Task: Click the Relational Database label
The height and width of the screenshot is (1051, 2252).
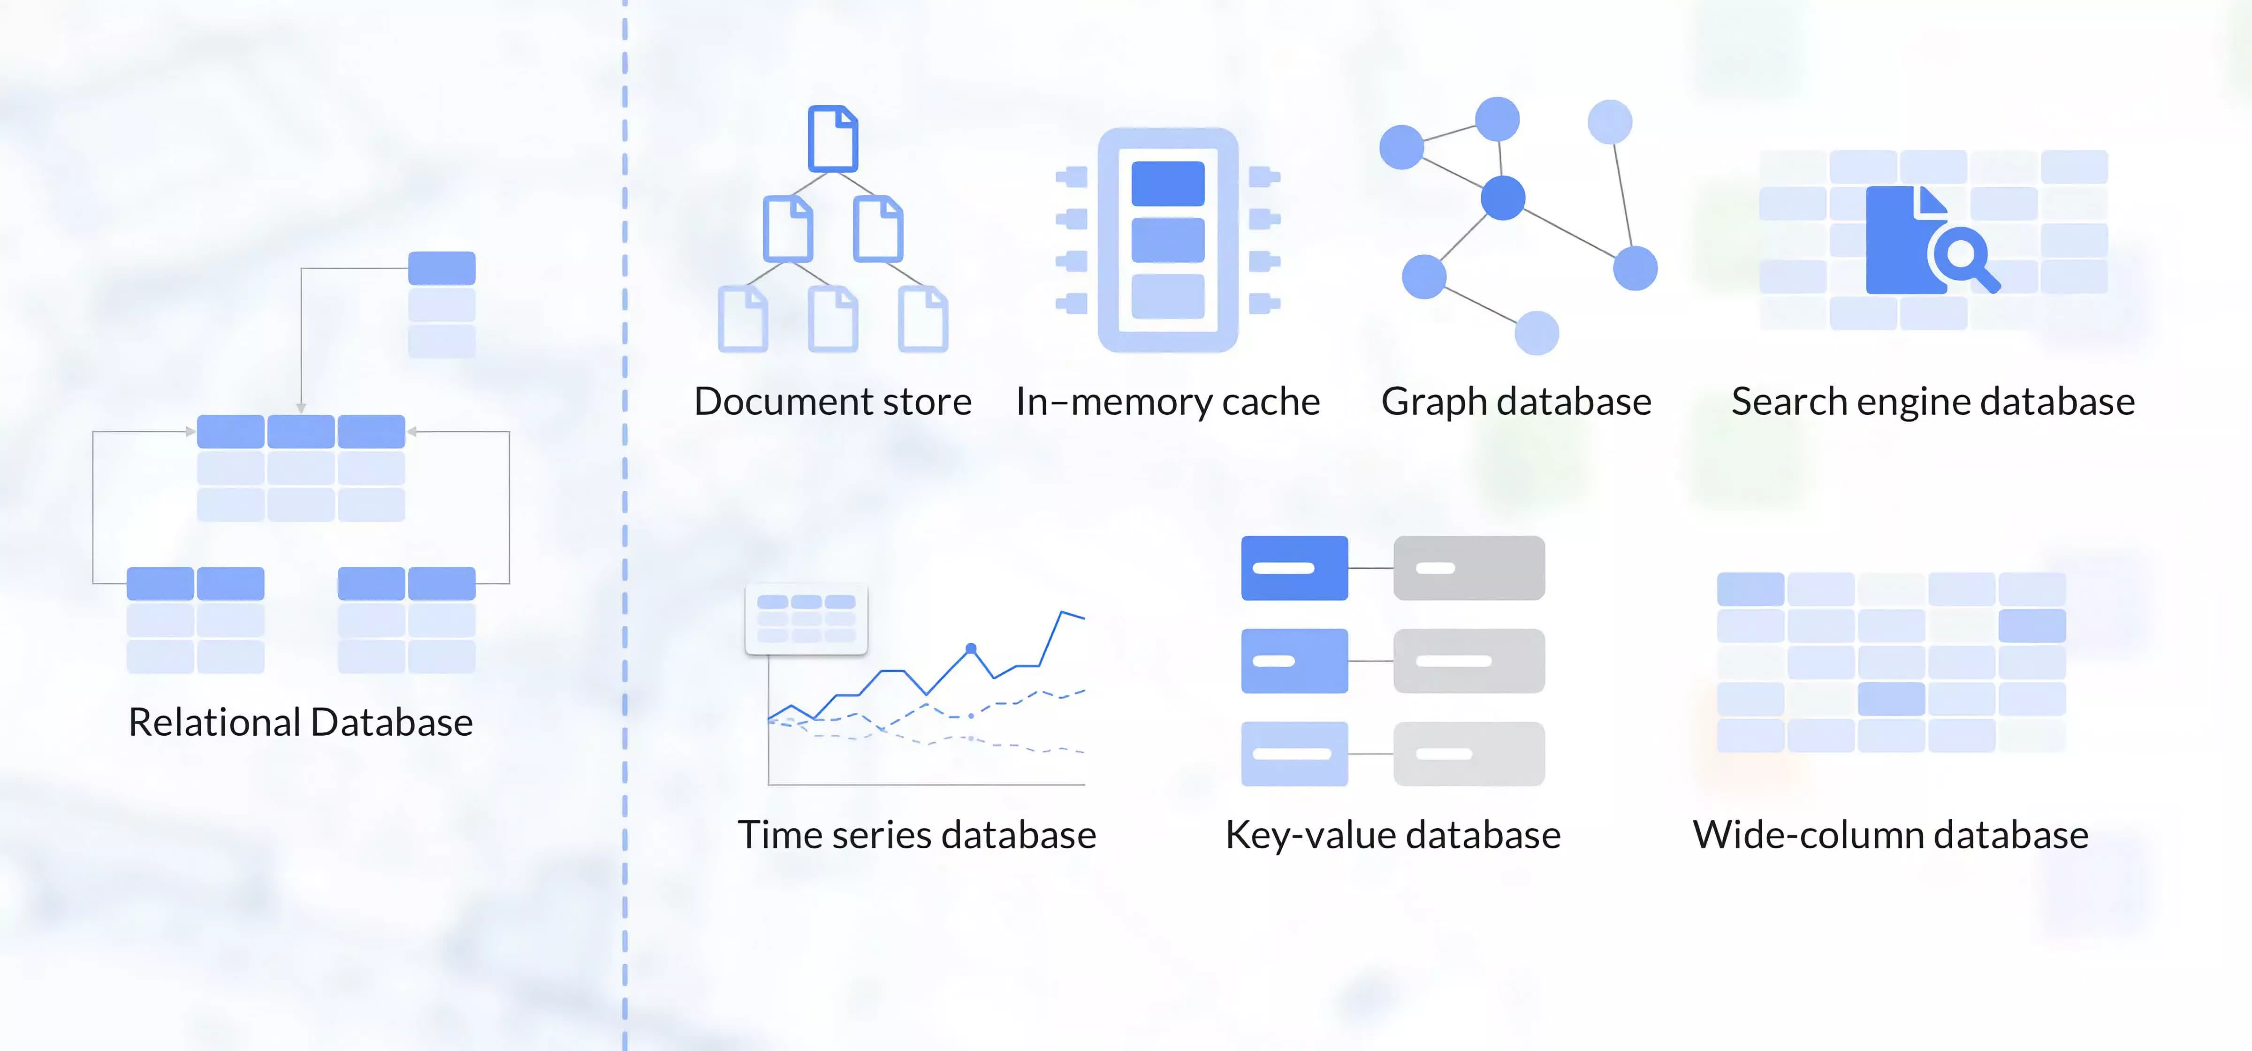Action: (301, 722)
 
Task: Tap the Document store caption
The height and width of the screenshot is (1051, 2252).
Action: (832, 401)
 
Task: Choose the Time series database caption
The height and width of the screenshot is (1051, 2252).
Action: (917, 835)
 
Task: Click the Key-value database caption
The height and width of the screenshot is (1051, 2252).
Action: (1392, 835)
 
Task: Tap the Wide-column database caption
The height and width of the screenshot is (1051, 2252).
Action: (1890, 835)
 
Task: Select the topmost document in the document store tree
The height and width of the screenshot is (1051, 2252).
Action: (832, 138)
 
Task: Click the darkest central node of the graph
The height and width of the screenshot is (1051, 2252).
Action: (1503, 198)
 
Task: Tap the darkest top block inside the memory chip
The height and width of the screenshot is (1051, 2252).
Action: (1168, 183)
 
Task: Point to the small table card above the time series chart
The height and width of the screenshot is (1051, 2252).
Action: (806, 619)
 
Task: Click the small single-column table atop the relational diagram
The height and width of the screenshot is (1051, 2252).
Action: (441, 305)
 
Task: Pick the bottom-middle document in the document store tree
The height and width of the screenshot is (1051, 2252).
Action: (832, 319)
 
